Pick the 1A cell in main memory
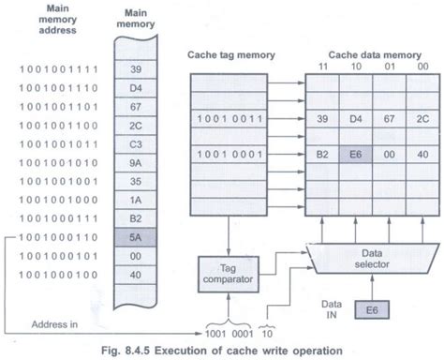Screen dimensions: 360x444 pyautogui.click(x=136, y=201)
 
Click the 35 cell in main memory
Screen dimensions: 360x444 pyautogui.click(x=136, y=181)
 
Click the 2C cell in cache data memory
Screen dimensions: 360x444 pyautogui.click(x=419, y=119)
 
